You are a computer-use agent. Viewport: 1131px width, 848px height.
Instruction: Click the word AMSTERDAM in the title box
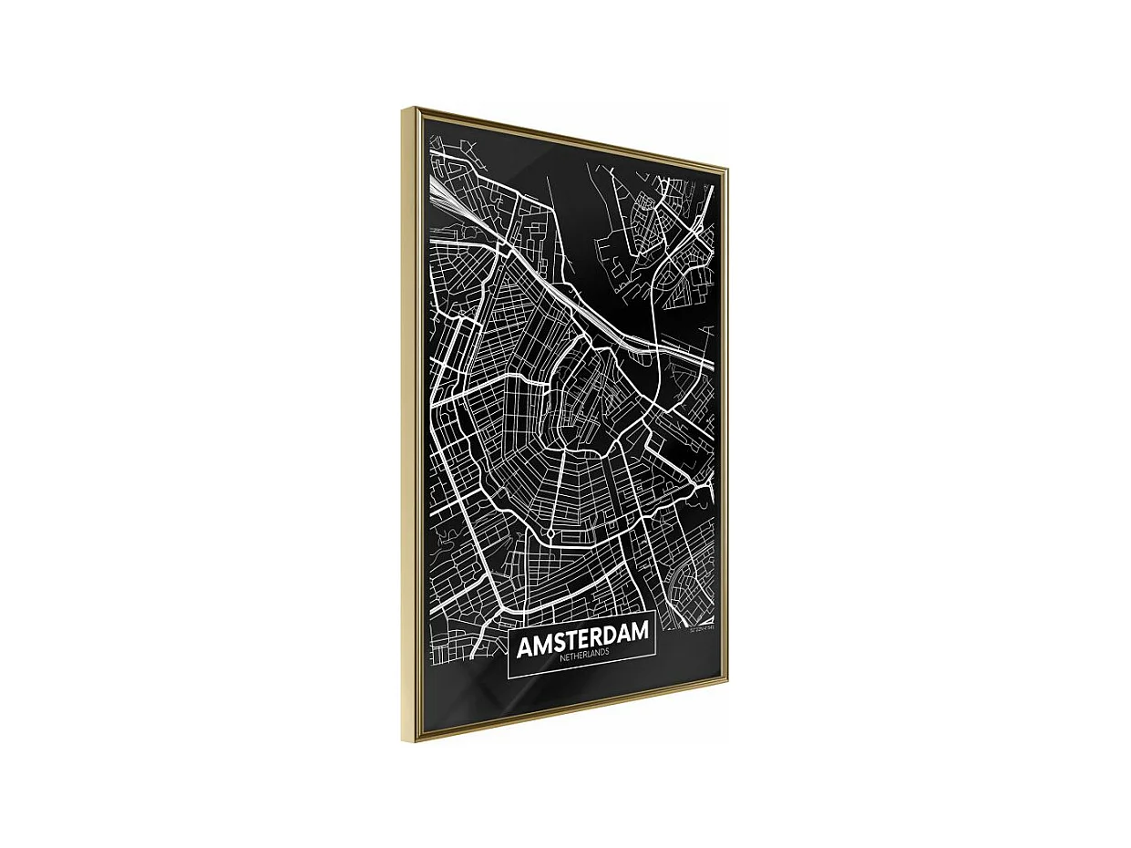[583, 638]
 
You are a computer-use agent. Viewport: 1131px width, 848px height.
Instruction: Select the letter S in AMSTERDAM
[560, 642]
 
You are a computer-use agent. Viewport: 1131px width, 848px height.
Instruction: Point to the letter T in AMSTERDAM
[574, 640]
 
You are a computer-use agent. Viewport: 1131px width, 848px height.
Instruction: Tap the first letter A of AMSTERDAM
[525, 647]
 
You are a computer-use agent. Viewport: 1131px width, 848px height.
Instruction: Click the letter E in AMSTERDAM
[588, 638]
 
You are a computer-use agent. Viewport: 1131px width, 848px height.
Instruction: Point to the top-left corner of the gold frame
[405, 109]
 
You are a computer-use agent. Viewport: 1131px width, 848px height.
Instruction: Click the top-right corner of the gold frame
[726, 167]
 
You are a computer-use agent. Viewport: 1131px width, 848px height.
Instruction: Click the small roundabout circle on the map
[551, 533]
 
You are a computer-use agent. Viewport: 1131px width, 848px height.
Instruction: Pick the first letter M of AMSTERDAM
[542, 645]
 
